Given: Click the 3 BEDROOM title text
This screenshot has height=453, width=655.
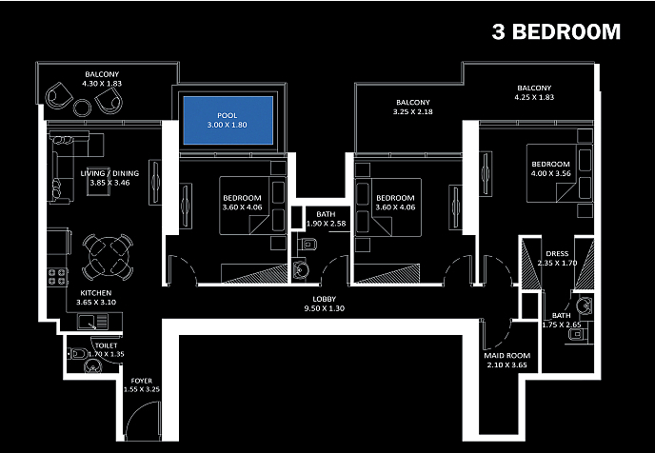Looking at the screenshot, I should pos(556,31).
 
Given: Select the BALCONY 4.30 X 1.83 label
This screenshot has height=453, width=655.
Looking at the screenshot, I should pos(102,77).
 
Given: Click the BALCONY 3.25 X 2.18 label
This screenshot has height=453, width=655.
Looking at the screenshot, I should pos(413,108).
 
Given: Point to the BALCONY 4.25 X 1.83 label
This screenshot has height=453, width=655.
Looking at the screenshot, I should pos(533,92).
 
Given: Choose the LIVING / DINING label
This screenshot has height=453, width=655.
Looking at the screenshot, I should pos(103,177).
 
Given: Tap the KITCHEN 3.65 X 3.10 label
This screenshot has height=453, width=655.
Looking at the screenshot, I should pos(96,297).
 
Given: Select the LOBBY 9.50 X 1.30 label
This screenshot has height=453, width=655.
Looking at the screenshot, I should pos(325,304).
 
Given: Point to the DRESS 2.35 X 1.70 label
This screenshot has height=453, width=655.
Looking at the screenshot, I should pos(557,258).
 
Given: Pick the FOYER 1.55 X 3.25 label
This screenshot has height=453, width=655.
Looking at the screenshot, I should pos(145,385).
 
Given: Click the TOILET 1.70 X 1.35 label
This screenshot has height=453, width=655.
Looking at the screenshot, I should pos(106,350).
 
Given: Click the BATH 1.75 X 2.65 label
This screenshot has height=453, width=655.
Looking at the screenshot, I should pos(562,321).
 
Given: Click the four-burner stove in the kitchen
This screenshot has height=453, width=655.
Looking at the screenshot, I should pos(57,278).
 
